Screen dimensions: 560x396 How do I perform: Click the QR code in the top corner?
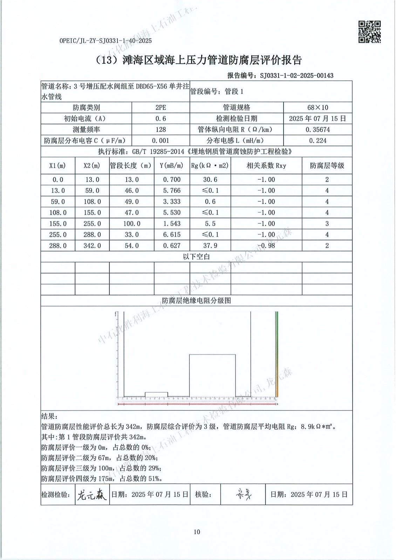369,32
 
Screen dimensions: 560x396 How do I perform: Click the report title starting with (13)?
198,60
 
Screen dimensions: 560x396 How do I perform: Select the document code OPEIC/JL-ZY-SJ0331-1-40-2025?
105,41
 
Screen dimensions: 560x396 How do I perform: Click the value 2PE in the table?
161,107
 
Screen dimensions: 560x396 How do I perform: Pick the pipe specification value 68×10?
318,107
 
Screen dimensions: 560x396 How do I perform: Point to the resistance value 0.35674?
318,129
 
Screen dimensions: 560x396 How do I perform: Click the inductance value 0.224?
318,141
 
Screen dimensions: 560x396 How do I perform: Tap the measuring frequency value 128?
161,129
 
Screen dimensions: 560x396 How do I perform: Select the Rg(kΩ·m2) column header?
210,166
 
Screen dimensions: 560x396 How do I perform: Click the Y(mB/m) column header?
172,166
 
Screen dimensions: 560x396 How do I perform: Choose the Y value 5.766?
172,191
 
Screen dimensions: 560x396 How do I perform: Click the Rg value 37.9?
210,246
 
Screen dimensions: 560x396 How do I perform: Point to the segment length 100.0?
131,224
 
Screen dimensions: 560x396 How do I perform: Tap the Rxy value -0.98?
266,246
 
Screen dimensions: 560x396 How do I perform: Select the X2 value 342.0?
92,246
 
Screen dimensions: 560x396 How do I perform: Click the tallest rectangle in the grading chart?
212,375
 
